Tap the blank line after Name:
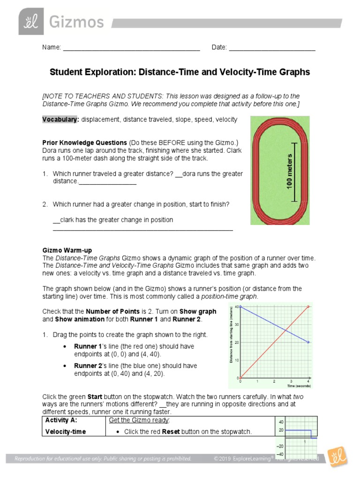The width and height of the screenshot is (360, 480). coord(131,48)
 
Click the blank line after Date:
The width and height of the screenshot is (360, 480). coord(272,48)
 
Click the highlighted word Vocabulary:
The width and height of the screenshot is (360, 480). coord(60,120)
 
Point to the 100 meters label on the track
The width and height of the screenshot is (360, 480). coord(289,171)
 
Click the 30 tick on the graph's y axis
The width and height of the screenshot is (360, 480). coord(237,324)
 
